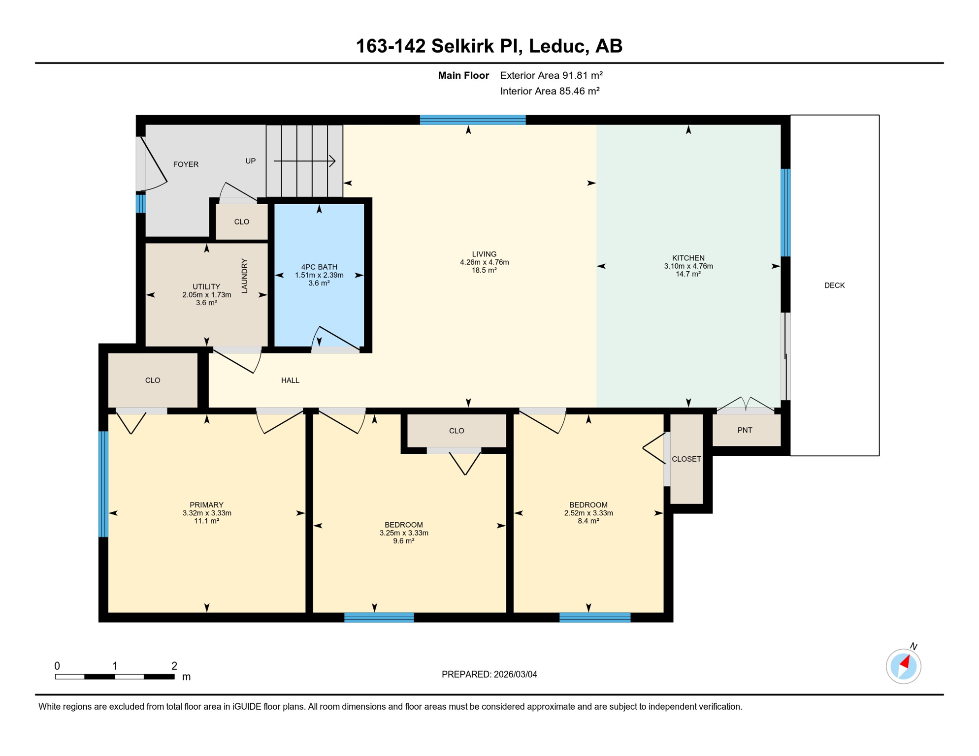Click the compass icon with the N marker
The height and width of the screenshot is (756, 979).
pyautogui.click(x=903, y=666)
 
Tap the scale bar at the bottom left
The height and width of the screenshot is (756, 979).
pyautogui.click(x=115, y=677)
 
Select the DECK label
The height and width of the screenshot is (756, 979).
pyautogui.click(x=834, y=285)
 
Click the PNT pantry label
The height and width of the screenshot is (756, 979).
pyautogui.click(x=745, y=430)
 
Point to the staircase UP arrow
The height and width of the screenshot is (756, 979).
pyautogui.click(x=304, y=161)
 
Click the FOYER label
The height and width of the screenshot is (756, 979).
pyautogui.click(x=186, y=164)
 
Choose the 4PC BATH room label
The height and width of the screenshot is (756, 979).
pyautogui.click(x=319, y=267)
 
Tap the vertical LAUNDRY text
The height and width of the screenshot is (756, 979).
pyautogui.click(x=244, y=276)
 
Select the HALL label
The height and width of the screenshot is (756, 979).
pyautogui.click(x=290, y=380)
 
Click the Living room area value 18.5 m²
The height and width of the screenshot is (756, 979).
pyautogui.click(x=484, y=270)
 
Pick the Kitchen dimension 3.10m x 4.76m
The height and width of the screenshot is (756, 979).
pyautogui.click(x=688, y=266)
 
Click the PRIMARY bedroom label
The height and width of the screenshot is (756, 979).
pyautogui.click(x=206, y=505)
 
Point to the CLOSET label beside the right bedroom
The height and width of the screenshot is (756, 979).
pyautogui.click(x=686, y=459)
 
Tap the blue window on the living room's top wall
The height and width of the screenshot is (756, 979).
pyautogui.click(x=473, y=120)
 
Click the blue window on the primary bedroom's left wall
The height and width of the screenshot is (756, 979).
pyautogui.click(x=103, y=484)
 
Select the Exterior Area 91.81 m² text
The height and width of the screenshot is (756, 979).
pyautogui.click(x=551, y=75)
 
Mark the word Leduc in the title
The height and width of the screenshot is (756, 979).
pyautogui.click(x=558, y=46)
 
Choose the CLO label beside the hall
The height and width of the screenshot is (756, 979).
pyautogui.click(x=153, y=380)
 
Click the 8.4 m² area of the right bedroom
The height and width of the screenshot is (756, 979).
pyautogui.click(x=588, y=521)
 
